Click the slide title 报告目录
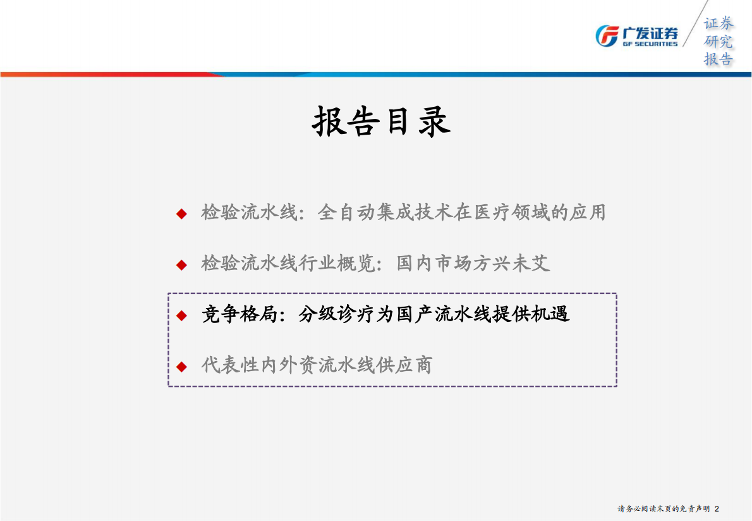click(x=381, y=121)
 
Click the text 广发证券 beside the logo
click(x=650, y=32)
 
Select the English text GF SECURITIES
click(x=650, y=44)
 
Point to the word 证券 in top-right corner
click(x=719, y=23)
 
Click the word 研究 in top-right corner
click(x=719, y=42)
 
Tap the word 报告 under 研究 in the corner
click(x=719, y=59)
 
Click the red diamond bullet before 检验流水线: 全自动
click(x=181, y=214)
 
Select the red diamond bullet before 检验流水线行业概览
click(x=181, y=264)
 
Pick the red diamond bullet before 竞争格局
click(x=181, y=315)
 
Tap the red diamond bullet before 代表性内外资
click(x=181, y=366)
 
